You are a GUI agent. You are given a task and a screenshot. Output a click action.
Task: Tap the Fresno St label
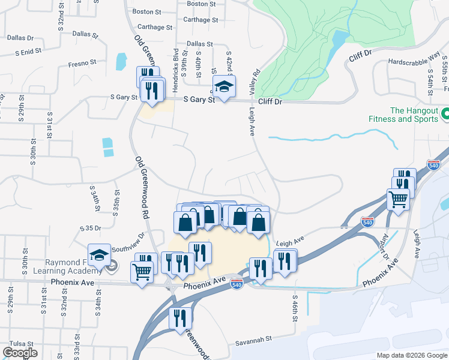point(82,62)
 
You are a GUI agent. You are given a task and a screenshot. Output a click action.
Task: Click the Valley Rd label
point(255,83)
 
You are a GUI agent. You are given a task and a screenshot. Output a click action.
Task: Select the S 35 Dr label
point(92,229)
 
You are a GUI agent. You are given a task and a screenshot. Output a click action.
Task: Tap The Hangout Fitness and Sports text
point(414,115)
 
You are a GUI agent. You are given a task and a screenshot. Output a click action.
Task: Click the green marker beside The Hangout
point(445,113)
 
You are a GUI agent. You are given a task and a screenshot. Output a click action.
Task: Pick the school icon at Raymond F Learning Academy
point(99,255)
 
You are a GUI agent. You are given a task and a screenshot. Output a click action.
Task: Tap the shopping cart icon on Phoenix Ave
point(142,272)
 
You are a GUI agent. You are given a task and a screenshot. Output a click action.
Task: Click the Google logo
point(20,353)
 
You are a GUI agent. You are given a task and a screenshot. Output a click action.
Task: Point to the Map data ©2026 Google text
point(411,355)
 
